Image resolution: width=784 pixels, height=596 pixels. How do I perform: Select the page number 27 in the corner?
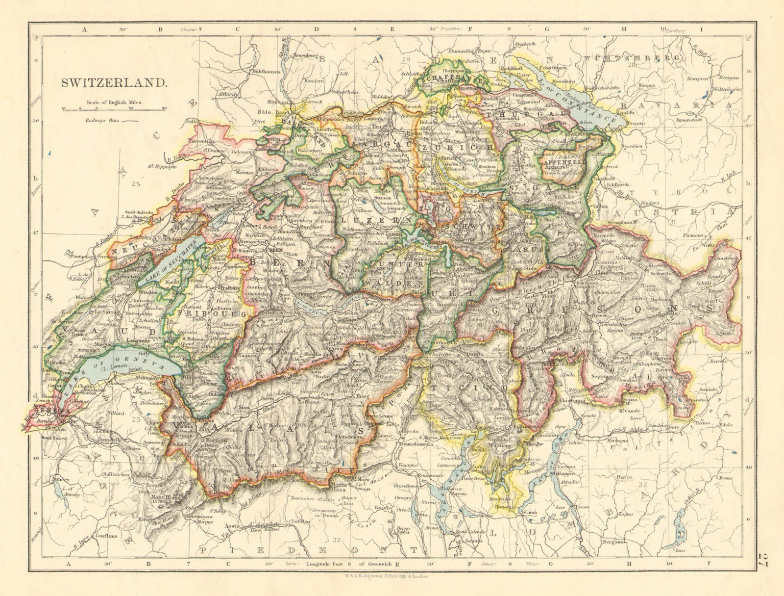point(762,560)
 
